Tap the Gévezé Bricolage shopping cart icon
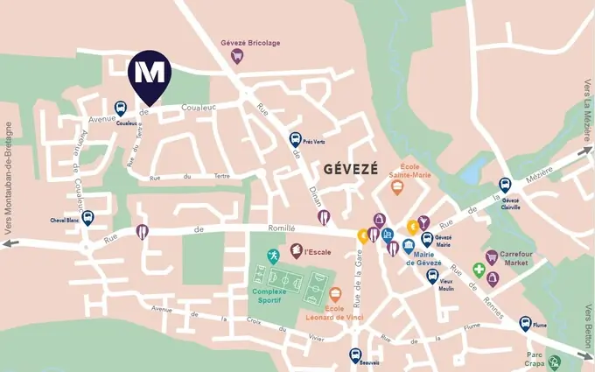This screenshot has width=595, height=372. coord(236,55)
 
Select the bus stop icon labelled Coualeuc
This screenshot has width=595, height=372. coord(120,108)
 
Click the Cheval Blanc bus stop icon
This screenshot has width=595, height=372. coord(87,217)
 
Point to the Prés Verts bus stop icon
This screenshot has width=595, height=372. coord(296,139)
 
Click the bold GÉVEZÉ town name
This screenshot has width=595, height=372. coord(350,168)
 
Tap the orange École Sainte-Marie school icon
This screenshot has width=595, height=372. coord(397,186)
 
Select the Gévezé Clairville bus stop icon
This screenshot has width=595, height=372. coord(504,185)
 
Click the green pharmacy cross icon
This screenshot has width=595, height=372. coord(479,270)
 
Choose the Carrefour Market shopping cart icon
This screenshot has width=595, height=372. coord(492,256)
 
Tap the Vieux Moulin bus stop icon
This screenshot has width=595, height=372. coord(431,276)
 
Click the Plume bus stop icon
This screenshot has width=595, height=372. coord(525,323)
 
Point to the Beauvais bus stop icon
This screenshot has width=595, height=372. coord(355,354)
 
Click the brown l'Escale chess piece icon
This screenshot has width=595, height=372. coord(296,251)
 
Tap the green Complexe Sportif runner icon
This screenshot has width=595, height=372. coord(274,256)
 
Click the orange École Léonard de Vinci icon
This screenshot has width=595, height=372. coord(334,293)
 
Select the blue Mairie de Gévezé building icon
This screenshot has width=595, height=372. coord(409,248)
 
